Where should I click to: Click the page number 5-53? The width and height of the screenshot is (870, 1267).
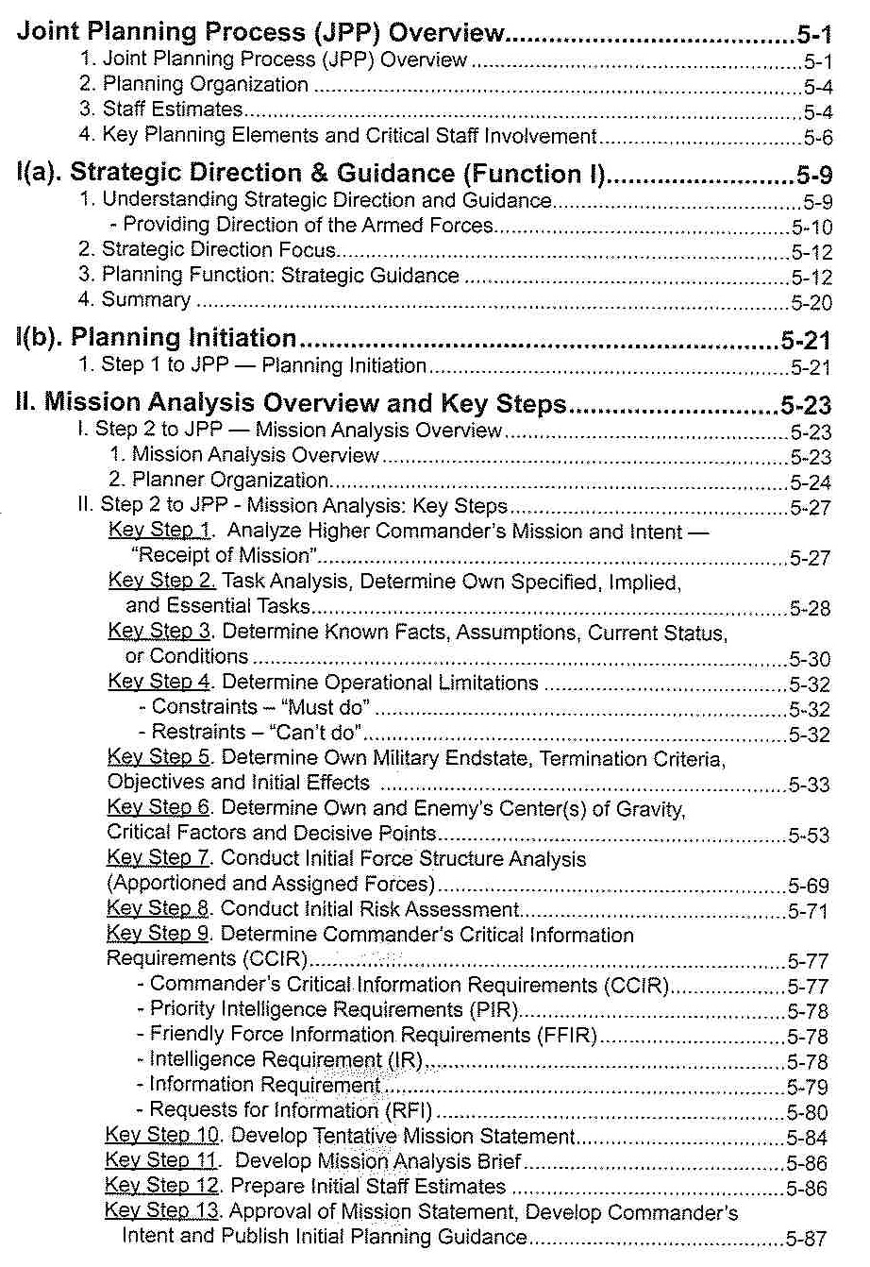click(x=810, y=836)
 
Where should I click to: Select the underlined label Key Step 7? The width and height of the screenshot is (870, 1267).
click(x=162, y=859)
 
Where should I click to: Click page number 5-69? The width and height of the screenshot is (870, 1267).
click(x=810, y=887)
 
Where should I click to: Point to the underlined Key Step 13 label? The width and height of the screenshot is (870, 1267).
click(x=164, y=1211)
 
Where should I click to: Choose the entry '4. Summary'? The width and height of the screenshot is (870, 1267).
click(x=146, y=300)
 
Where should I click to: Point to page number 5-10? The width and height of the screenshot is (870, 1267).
click(x=811, y=228)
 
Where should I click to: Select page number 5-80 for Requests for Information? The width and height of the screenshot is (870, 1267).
click(x=808, y=1112)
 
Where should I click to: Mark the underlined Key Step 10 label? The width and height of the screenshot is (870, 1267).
click(x=164, y=1136)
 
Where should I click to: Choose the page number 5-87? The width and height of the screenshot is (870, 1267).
click(x=808, y=1238)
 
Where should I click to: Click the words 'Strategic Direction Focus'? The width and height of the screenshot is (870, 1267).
click(x=219, y=250)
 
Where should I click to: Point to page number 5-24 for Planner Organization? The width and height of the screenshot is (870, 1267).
click(x=810, y=483)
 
